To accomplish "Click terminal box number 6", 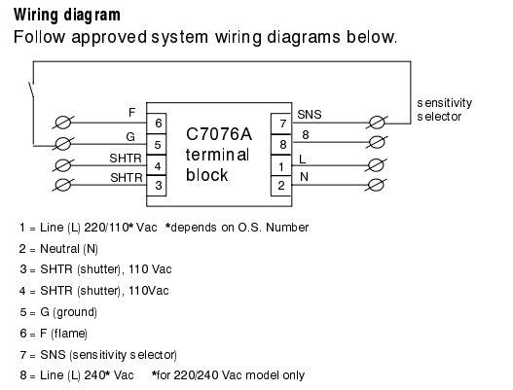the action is coord(157,124).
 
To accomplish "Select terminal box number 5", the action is coord(157,144).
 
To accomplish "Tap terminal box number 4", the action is coord(157,165).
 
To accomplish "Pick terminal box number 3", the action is coord(157,186).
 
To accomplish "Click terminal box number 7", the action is coord(281,124).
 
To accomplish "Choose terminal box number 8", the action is coord(281,145).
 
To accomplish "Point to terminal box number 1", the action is coord(281,165).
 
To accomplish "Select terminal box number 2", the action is coord(281,186).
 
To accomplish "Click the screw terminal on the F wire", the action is coord(63,123).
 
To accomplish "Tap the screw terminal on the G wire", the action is coord(63,144).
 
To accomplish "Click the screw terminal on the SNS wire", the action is coord(377,123).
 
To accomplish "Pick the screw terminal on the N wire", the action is coord(377,186).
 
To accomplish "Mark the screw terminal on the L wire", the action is coord(377,165).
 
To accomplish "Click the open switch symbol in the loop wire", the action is coord(32,89).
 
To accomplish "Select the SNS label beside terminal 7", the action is coord(310,115).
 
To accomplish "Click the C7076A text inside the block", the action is coord(219,134).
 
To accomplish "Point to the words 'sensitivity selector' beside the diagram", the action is coord(444,110).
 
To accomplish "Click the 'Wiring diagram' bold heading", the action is coord(67,15).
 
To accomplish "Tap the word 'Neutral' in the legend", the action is coord(59,249).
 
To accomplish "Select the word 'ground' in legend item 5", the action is coord(75,312).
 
